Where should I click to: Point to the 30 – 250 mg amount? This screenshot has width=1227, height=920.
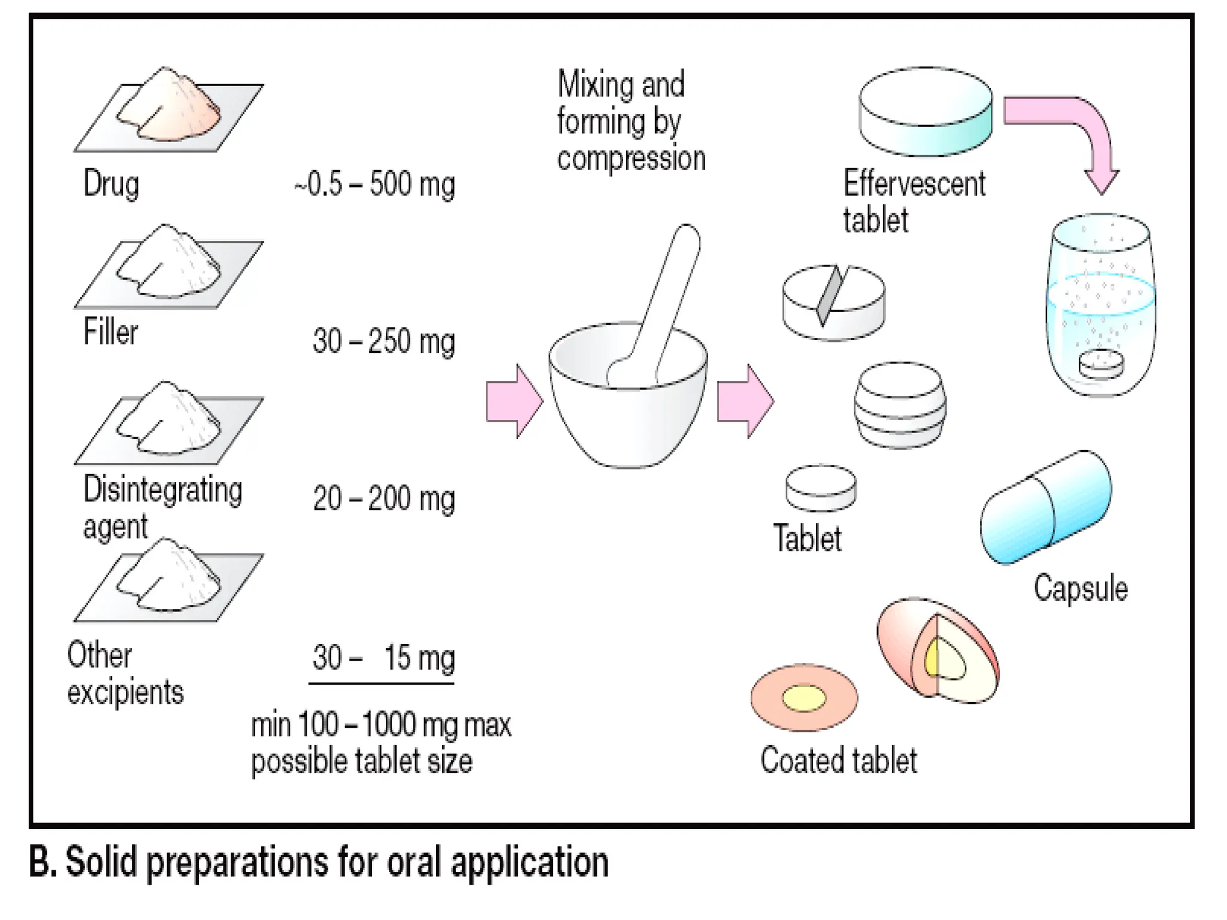[383, 341]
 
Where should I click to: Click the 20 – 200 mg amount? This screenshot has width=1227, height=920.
[383, 498]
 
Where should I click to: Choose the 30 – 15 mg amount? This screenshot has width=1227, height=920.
[383, 658]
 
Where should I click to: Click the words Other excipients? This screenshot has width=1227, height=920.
[125, 674]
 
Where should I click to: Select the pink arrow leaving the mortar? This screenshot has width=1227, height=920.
[745, 401]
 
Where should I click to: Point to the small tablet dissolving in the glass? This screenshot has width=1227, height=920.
[1101, 364]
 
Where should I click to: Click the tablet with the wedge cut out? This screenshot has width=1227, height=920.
[833, 302]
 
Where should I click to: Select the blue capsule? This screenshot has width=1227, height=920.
[1046, 507]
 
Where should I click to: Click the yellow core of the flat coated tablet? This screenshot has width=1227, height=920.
[804, 698]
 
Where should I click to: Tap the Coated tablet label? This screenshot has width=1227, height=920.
[838, 761]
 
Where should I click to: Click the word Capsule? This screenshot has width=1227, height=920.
[1080, 588]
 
